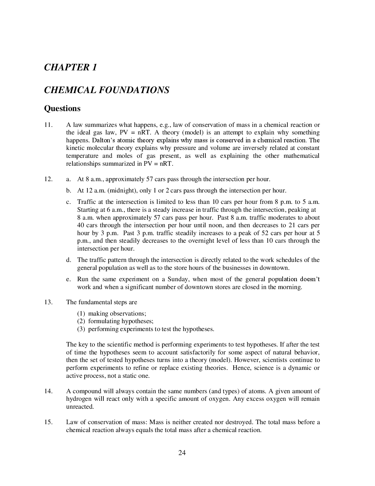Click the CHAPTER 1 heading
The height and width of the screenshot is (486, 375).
click(x=70, y=67)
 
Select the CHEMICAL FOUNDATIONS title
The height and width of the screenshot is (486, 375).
click(x=107, y=90)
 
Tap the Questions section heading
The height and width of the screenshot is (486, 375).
click(x=62, y=109)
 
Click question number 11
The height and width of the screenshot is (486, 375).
click(x=49, y=125)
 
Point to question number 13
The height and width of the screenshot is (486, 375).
click(x=49, y=302)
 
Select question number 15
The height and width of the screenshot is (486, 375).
click(x=49, y=422)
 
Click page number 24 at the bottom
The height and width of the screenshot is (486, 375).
click(x=182, y=453)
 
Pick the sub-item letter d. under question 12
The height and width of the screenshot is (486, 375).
click(x=68, y=260)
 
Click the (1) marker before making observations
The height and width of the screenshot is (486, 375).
click(x=81, y=313)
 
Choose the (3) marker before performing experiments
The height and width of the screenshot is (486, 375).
click(x=81, y=329)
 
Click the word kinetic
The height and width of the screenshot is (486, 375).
click(x=74, y=148)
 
